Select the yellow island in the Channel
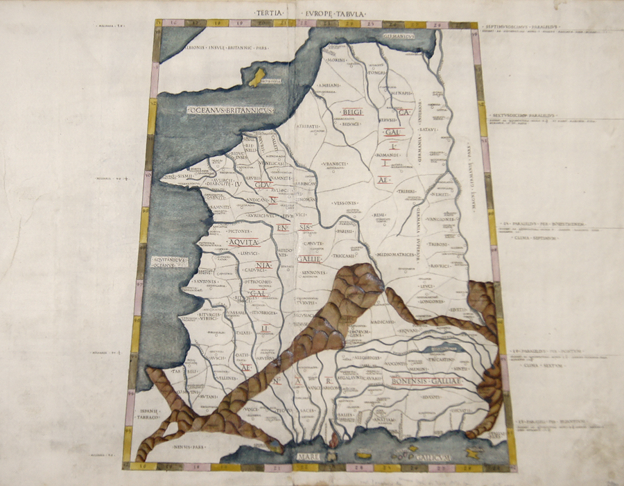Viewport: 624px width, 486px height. point(257,77)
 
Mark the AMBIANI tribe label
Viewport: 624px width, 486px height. point(329,85)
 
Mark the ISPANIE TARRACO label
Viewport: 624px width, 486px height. point(150,415)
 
